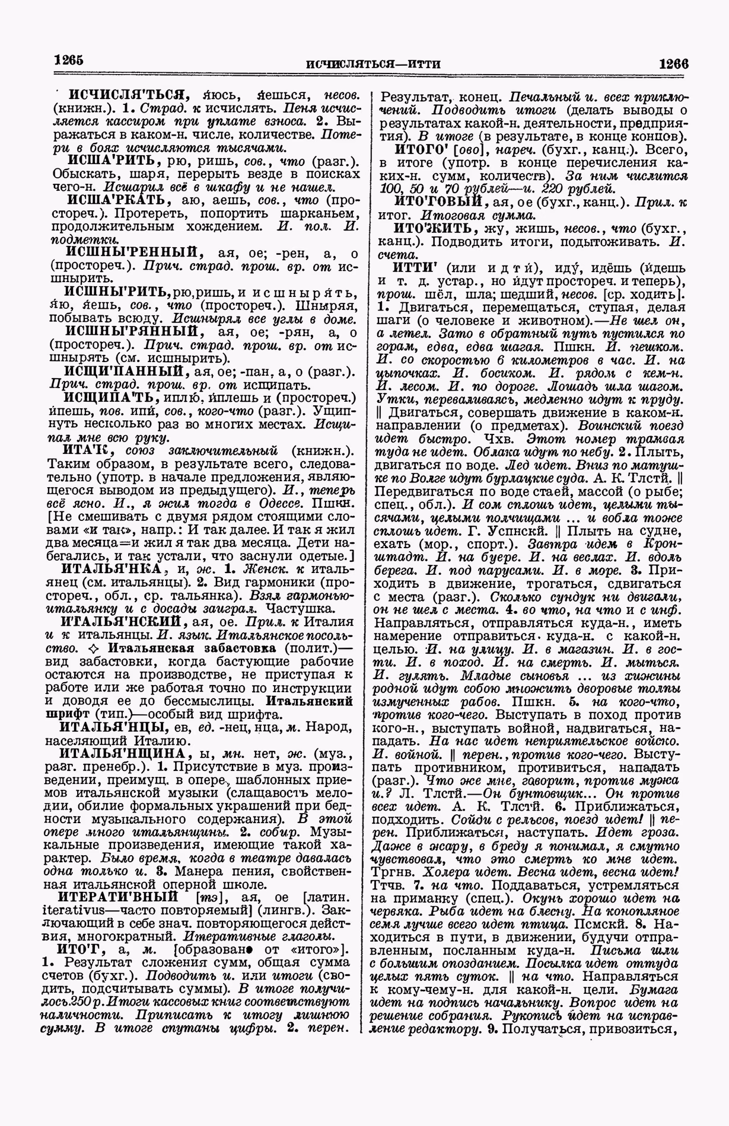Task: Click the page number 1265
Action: [68, 60]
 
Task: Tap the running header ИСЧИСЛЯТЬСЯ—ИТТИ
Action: [374, 64]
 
